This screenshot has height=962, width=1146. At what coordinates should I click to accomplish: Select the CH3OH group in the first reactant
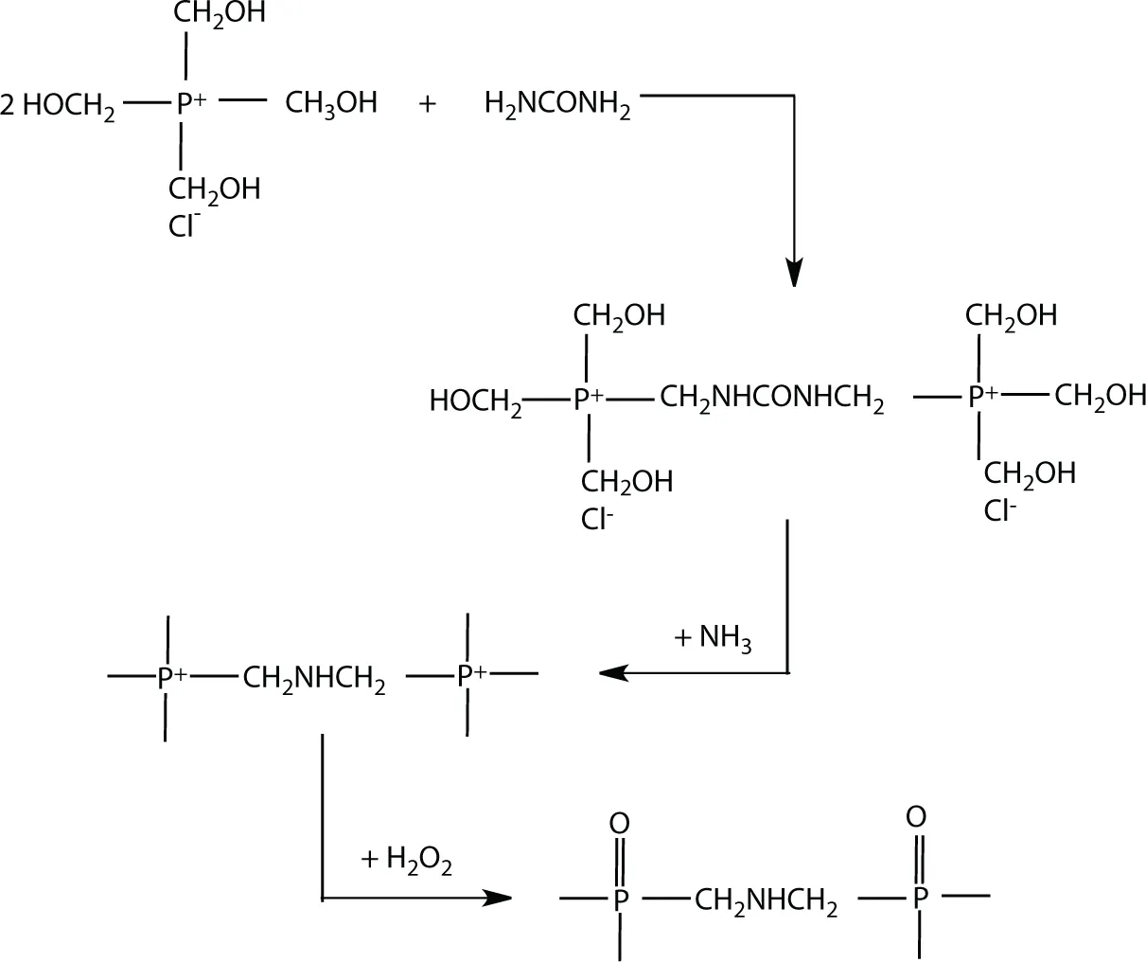[x=330, y=102]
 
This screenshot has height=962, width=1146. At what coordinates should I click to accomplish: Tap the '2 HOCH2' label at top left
[x=58, y=105]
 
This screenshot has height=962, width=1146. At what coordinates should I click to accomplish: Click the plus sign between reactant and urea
[x=427, y=103]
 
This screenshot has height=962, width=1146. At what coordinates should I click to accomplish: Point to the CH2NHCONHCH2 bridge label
[x=771, y=400]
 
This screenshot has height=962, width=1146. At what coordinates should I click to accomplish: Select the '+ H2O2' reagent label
[x=406, y=861]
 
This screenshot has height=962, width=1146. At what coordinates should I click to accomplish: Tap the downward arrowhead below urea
[x=794, y=272]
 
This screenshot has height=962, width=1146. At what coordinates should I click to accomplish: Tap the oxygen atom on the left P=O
[x=620, y=820]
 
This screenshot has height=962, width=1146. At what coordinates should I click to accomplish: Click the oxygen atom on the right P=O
[x=915, y=816]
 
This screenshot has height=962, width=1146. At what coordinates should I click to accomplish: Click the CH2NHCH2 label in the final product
[x=766, y=901]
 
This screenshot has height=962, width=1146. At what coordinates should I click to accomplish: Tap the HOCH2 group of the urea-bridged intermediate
[x=475, y=402]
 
